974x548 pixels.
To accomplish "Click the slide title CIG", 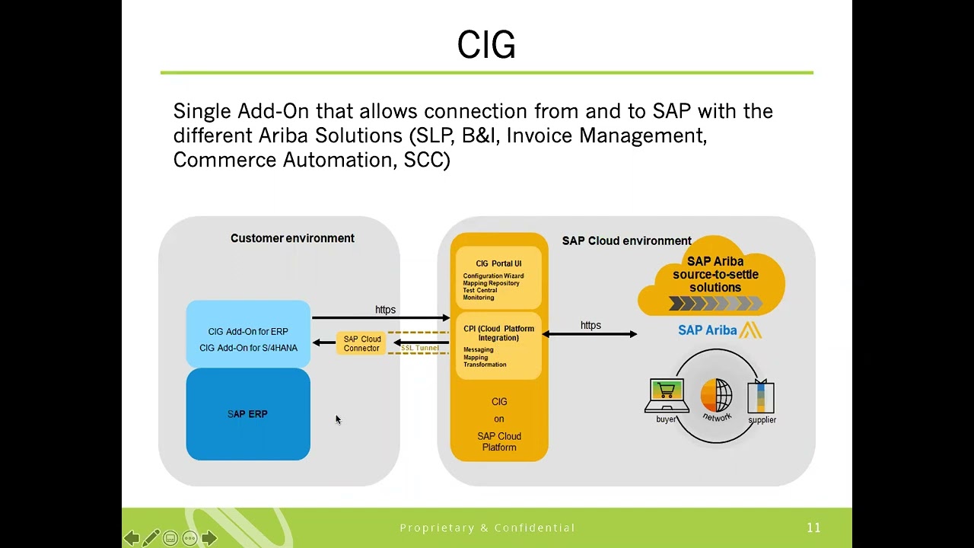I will (x=486, y=46).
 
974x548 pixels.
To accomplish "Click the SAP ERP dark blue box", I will (x=248, y=414).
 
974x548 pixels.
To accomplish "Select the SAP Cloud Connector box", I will (x=361, y=344).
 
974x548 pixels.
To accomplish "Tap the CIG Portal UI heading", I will (x=498, y=264).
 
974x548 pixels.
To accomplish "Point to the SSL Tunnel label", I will (x=420, y=348).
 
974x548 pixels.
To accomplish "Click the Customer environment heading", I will (x=292, y=238).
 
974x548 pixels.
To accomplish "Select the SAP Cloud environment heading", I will (x=626, y=241).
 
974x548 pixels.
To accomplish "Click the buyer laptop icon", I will (x=667, y=395).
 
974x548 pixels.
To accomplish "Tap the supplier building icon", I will (x=761, y=397).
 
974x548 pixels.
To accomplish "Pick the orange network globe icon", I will (x=716, y=396).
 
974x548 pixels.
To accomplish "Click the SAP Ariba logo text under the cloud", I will (x=708, y=330).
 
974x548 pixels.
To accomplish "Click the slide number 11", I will (x=813, y=527).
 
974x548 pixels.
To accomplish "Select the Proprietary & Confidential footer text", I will (x=487, y=527).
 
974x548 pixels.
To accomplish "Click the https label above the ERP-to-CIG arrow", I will (x=385, y=310).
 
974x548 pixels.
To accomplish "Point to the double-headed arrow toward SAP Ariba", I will (x=590, y=334).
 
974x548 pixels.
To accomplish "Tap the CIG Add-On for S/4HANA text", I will (x=248, y=348).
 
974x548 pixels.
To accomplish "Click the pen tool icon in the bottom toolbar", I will (x=151, y=538).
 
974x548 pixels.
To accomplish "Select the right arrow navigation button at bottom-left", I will (x=209, y=538).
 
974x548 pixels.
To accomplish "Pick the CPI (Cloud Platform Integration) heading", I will (x=498, y=333).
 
